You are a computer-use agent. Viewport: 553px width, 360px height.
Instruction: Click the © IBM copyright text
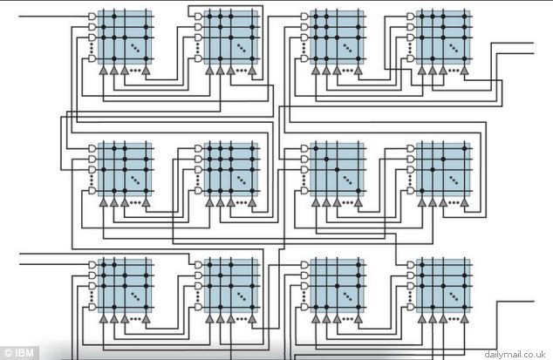[19, 353]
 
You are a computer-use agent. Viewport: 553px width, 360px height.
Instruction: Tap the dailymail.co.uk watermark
[515, 354]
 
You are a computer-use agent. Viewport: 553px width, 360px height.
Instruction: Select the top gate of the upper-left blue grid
[92, 17]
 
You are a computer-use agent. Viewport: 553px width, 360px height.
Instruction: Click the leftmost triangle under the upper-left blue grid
[103, 71]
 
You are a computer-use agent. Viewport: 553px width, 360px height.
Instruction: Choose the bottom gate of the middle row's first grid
[92, 191]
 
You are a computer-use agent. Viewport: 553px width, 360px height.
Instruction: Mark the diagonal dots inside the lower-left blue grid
[135, 296]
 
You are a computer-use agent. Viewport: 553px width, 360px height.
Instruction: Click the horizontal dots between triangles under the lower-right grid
[454, 319]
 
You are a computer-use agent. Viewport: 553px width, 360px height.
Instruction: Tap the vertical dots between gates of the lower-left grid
[92, 296]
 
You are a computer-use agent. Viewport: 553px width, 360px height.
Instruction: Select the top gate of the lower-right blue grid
[411, 264]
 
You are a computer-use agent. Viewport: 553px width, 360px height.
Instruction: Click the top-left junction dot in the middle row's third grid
[316, 148]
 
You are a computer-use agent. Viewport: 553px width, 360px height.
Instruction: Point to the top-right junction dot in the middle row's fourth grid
[465, 148]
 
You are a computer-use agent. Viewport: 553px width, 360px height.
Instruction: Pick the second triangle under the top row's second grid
[220, 71]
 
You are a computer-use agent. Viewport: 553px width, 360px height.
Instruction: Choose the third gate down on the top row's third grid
[304, 37]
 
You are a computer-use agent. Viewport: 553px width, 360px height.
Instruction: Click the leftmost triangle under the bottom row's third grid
[316, 319]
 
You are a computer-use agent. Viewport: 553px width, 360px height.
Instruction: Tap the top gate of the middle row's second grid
[199, 148]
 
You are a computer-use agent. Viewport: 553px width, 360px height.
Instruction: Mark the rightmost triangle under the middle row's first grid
[146, 202]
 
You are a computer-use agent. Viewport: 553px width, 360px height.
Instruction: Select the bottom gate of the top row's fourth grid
[411, 58]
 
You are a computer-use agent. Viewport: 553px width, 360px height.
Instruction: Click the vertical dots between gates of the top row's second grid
[198, 48]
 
